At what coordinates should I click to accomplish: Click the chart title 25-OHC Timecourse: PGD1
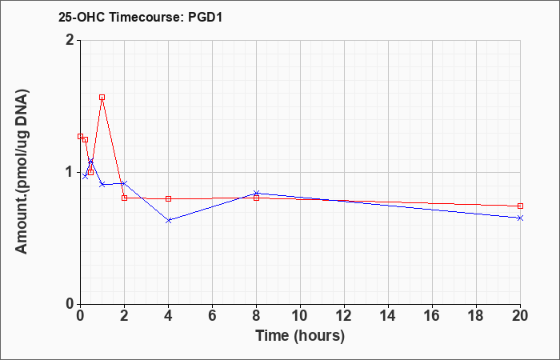click(x=140, y=17)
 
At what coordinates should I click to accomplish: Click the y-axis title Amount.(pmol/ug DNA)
click(x=22, y=172)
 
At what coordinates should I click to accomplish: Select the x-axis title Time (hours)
click(x=300, y=336)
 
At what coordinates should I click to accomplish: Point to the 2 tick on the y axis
click(x=71, y=40)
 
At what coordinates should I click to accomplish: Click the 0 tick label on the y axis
click(x=71, y=304)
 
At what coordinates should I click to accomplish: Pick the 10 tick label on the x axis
click(x=300, y=316)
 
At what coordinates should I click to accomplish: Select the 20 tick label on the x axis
click(x=520, y=316)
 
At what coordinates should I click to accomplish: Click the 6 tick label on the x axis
click(x=212, y=316)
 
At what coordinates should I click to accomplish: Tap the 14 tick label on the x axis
click(x=388, y=316)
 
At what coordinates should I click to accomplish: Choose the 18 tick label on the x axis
click(x=476, y=316)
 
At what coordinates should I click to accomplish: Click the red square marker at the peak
click(x=102, y=97)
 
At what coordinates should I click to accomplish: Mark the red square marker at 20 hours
click(x=520, y=206)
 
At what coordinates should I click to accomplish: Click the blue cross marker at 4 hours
click(x=169, y=220)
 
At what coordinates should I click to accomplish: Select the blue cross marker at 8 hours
click(x=257, y=194)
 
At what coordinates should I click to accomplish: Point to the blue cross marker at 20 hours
click(x=520, y=218)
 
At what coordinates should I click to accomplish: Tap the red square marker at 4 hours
click(x=169, y=198)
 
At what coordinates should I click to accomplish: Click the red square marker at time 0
click(x=80, y=137)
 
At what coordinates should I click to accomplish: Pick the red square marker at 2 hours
click(x=124, y=198)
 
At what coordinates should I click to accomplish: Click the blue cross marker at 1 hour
click(x=102, y=184)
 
